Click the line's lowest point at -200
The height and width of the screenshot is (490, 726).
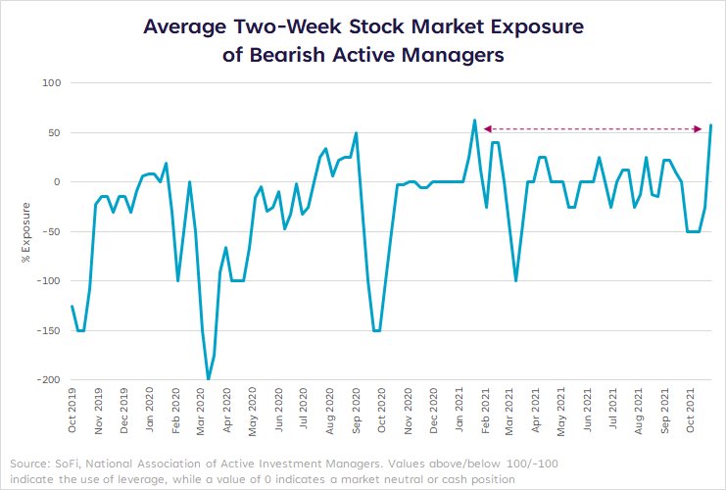click(x=208, y=379)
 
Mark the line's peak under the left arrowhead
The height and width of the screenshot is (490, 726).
click(x=474, y=121)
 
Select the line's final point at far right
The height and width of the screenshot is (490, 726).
click(x=710, y=125)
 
